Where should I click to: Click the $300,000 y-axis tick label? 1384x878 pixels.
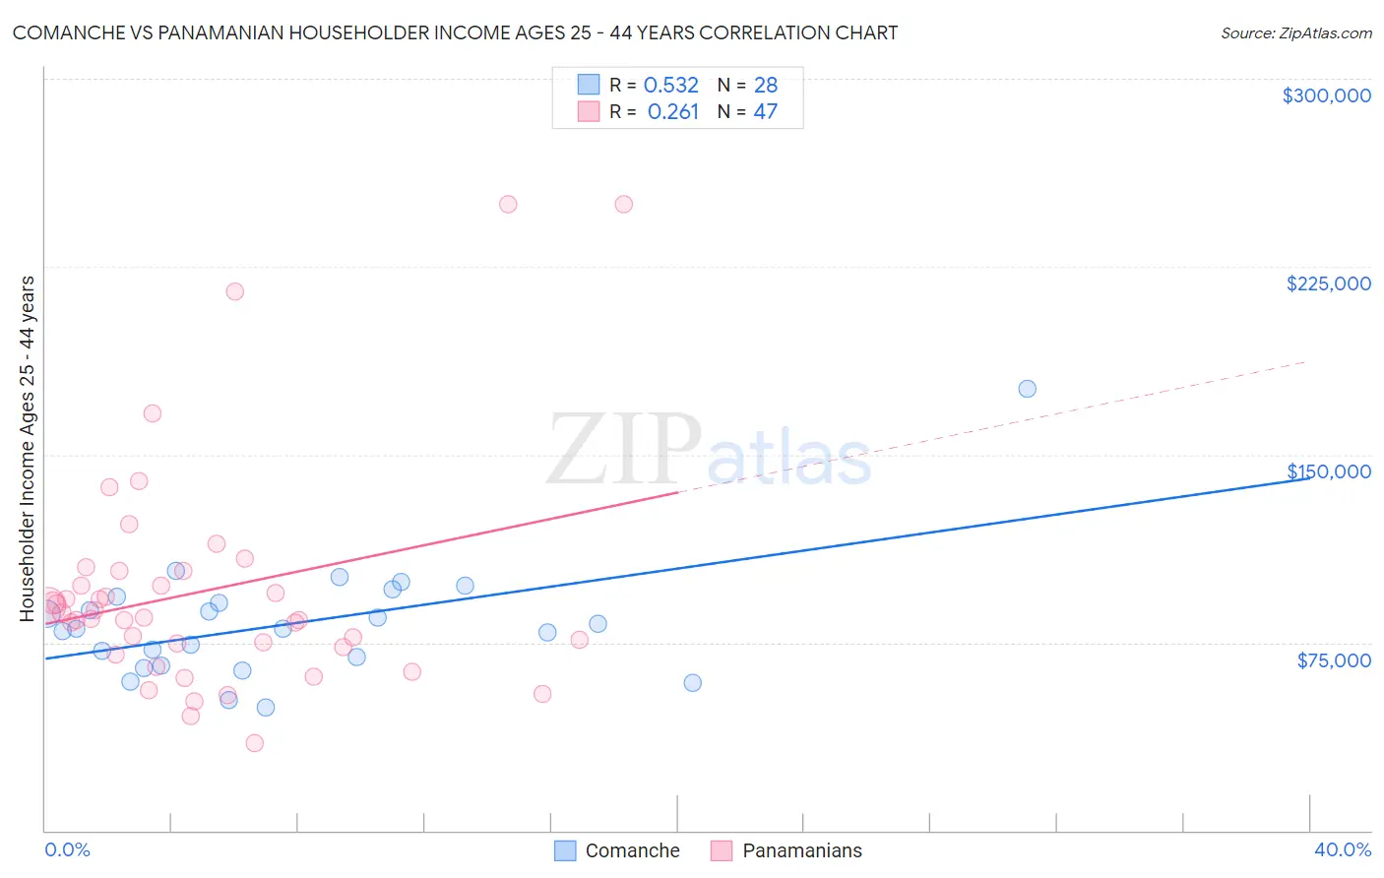click(x=1326, y=95)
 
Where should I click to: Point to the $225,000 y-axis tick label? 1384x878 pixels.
click(x=1328, y=283)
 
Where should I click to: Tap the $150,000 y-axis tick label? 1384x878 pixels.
click(x=1328, y=471)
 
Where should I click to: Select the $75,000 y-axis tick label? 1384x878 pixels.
click(x=1334, y=660)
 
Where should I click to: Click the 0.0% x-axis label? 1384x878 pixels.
click(x=67, y=850)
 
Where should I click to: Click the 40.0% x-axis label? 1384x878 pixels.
click(x=1342, y=850)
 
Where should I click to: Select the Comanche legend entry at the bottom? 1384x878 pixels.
click(x=617, y=850)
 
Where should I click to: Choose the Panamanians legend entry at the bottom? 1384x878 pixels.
click(x=786, y=850)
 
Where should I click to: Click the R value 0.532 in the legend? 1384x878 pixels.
click(x=671, y=86)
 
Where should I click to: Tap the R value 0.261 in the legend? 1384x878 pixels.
click(x=673, y=112)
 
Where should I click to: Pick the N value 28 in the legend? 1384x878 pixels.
click(x=766, y=86)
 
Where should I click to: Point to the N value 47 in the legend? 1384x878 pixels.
click(x=766, y=112)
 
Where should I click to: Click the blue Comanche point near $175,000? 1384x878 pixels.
click(x=1027, y=389)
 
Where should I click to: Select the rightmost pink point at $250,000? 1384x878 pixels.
click(x=623, y=205)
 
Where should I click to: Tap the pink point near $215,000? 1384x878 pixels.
click(x=234, y=291)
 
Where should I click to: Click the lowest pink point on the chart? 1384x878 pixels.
click(x=254, y=743)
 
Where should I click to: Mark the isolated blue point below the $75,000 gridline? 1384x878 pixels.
click(x=692, y=683)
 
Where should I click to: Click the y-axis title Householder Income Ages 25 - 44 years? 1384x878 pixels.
click(x=28, y=449)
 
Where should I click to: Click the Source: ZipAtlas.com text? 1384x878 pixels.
click(x=1295, y=33)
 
